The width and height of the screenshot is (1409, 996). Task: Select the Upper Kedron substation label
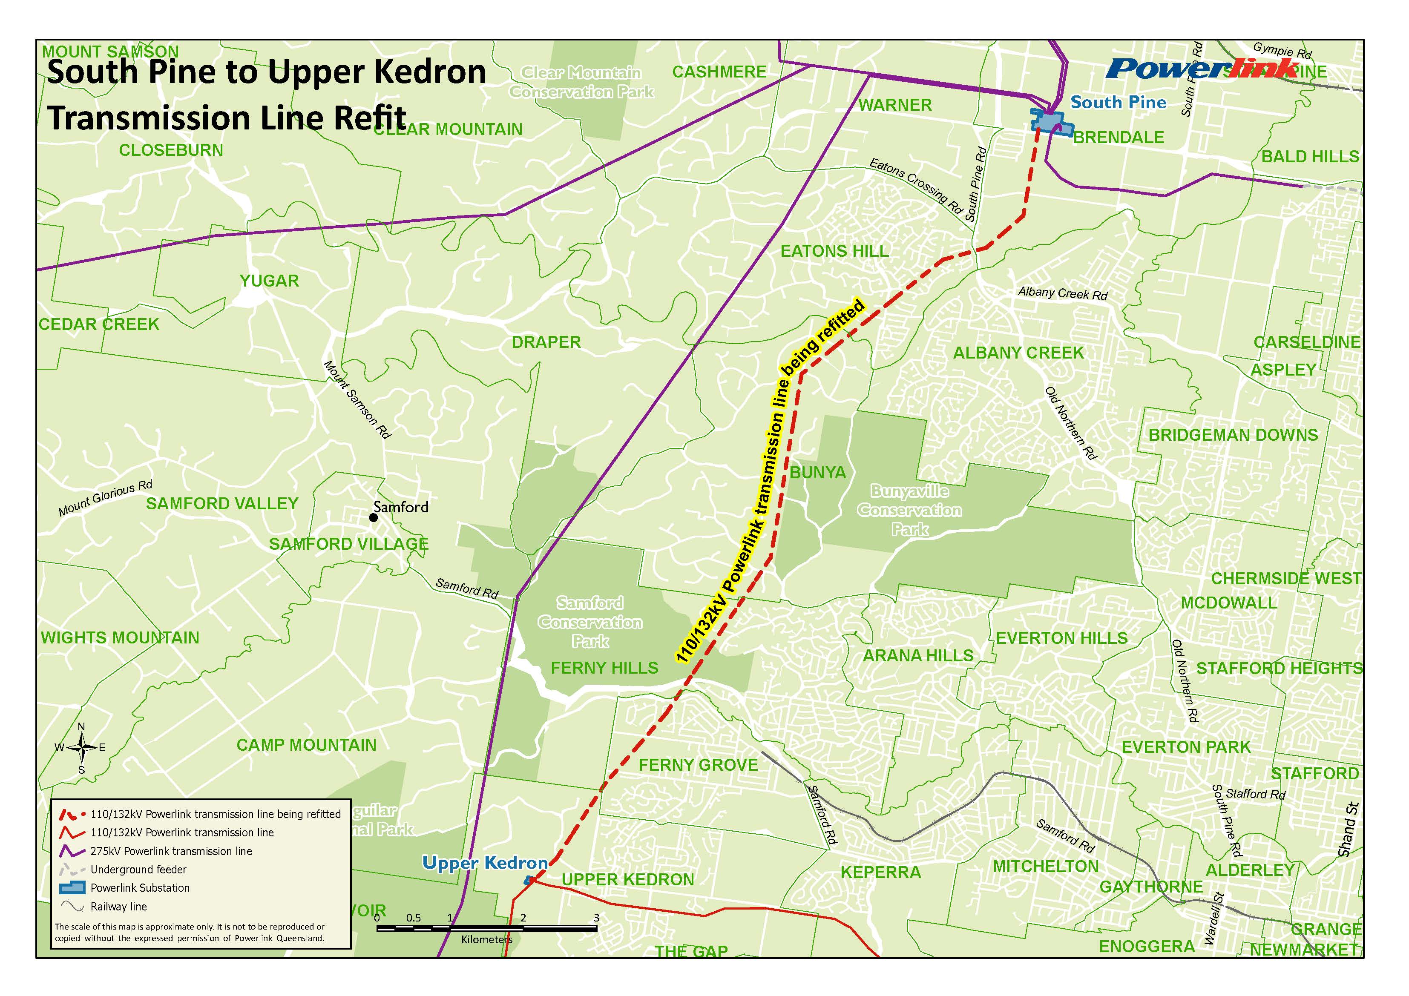tap(485, 863)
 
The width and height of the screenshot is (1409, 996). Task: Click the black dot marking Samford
tap(373, 518)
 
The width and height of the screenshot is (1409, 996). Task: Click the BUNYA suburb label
tap(817, 473)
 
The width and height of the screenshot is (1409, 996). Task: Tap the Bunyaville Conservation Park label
tap(909, 510)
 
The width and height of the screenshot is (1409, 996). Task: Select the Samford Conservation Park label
tap(590, 622)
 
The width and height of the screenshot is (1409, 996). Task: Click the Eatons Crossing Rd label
tap(914, 185)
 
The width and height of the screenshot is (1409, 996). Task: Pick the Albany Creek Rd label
tap(1062, 293)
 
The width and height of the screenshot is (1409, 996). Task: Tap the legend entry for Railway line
tap(118, 907)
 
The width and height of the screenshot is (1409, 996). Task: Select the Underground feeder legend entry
tap(138, 870)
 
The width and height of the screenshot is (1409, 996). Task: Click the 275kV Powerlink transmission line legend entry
tap(171, 851)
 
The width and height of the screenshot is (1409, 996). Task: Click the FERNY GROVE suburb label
tap(699, 765)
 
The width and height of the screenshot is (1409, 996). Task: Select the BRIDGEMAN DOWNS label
tap(1233, 435)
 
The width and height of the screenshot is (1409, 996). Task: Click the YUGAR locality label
tap(269, 281)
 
